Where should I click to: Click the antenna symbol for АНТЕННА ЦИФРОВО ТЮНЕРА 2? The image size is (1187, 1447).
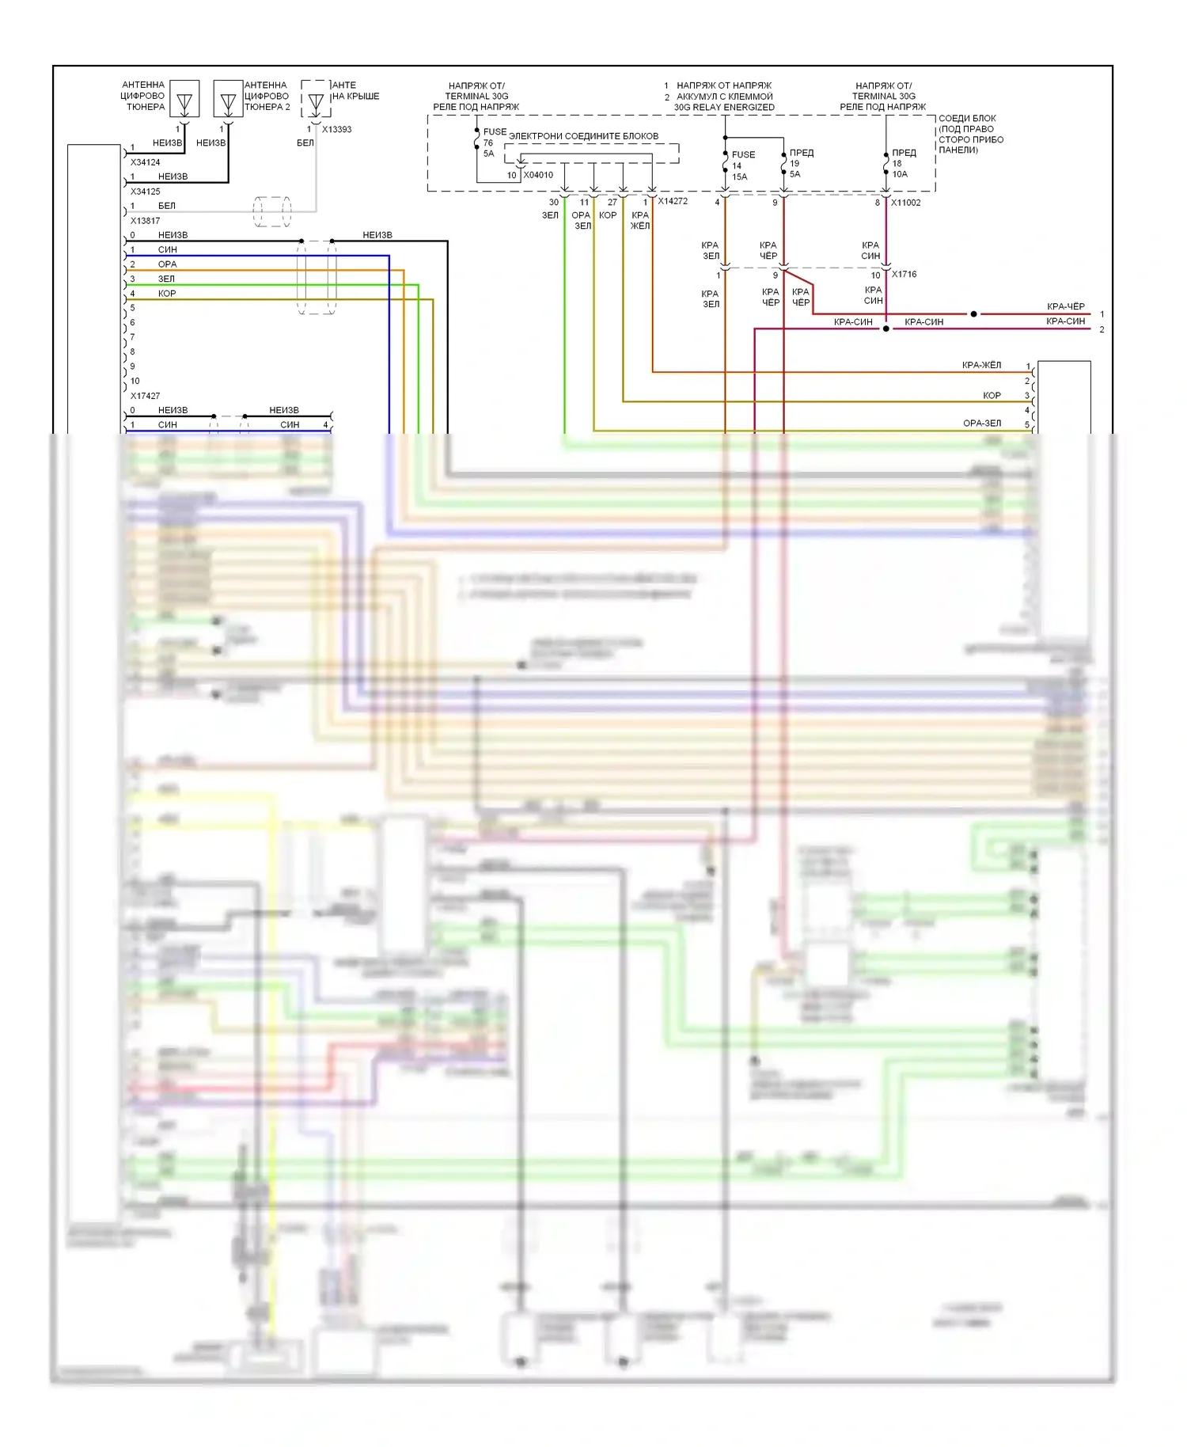229,101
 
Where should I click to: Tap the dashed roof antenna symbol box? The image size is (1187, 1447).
316,99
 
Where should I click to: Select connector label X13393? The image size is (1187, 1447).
336,129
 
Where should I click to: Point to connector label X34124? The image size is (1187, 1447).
146,162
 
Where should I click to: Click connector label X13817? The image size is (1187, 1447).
146,221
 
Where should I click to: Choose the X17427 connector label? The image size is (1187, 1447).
146,396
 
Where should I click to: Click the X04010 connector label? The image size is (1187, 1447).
538,175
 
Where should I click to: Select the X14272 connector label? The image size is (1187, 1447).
673,201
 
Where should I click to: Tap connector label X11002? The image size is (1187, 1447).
906,203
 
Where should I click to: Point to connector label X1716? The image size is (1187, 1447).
904,275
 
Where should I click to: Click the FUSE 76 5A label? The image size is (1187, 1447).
492,142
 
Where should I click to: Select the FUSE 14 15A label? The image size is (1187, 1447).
741,165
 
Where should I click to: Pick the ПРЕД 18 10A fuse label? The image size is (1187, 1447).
902,163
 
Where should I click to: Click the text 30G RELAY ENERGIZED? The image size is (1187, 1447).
724,108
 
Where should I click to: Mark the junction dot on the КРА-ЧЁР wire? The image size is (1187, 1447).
973,314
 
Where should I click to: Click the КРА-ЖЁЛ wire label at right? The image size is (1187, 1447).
981,365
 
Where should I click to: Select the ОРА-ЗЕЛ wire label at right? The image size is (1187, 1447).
982,423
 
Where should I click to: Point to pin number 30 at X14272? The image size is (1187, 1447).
554,203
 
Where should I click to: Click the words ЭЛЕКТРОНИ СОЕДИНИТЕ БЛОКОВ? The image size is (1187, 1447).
583,136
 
